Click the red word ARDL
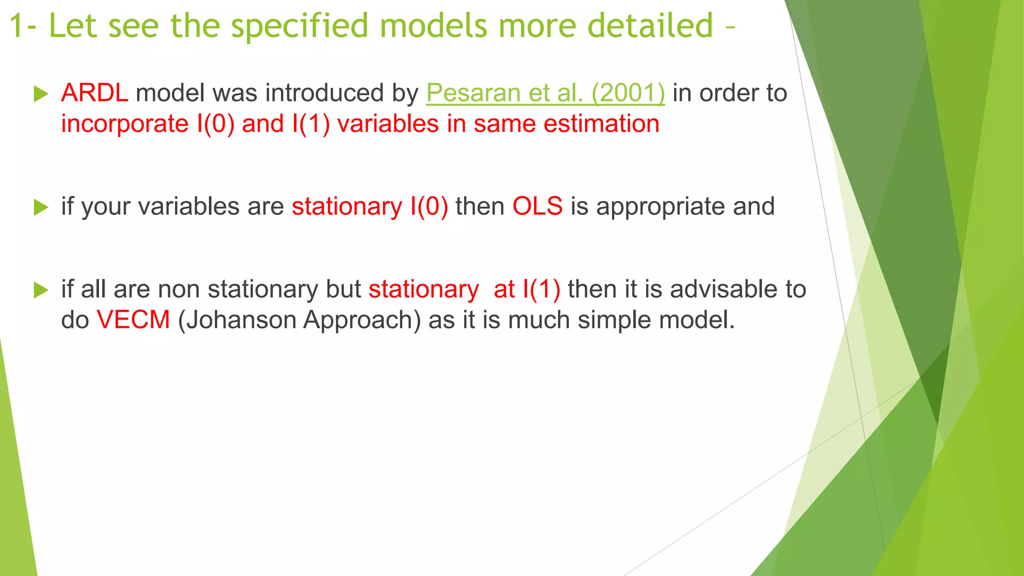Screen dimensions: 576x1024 tap(94, 93)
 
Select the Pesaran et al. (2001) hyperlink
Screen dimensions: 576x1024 tap(545, 93)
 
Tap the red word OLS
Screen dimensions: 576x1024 tap(537, 206)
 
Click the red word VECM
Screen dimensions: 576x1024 tap(133, 320)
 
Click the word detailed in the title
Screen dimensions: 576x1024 tap(650, 26)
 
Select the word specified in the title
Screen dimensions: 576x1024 tap(300, 26)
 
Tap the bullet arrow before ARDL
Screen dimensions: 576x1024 tap(40, 93)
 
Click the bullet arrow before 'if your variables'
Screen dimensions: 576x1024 tap(40, 207)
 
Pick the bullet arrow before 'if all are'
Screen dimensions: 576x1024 tap(40, 289)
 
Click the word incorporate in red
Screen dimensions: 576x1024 tap(124, 124)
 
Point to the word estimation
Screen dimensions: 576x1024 tap(601, 124)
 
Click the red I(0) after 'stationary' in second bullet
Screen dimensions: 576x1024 tap(429, 206)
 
